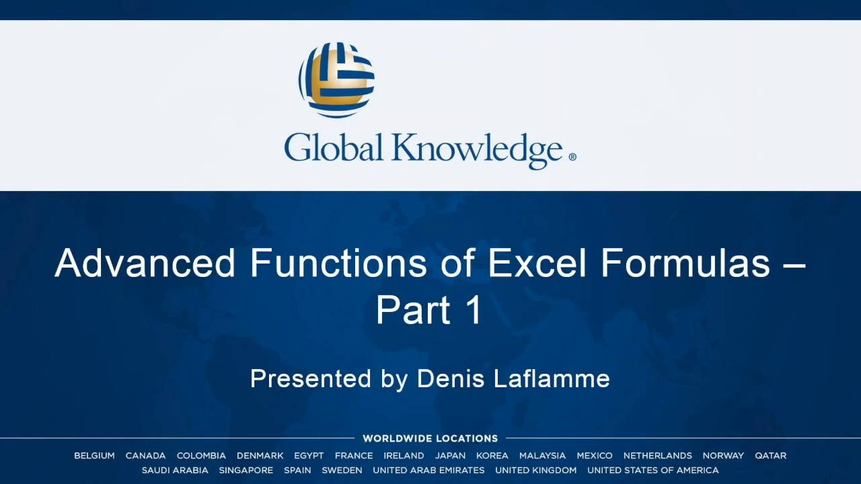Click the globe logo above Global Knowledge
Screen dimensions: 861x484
336,80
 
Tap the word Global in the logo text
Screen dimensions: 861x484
334,147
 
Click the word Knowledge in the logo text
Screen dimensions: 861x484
478,151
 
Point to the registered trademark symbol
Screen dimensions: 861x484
572,157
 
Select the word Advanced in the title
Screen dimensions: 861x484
145,263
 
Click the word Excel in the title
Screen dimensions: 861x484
537,263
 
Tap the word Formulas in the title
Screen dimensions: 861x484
685,263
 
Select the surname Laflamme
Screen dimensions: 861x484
552,378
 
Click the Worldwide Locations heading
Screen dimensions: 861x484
430,438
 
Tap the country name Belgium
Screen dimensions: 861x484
94,456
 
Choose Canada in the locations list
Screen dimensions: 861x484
145,456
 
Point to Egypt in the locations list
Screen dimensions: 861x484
309,456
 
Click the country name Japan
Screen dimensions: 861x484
450,456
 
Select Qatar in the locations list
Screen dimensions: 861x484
770,456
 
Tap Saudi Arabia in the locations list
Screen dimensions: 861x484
175,470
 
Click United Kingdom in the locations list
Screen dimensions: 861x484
536,470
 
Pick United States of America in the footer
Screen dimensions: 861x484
652,470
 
